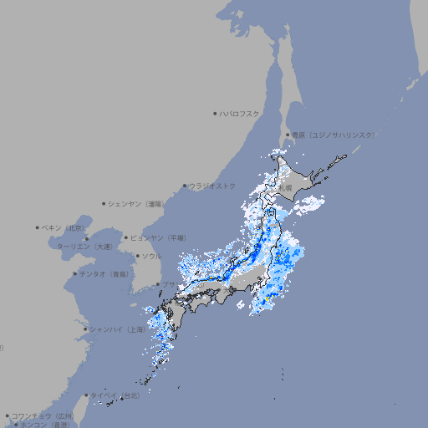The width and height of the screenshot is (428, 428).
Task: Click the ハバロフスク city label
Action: click(239, 113)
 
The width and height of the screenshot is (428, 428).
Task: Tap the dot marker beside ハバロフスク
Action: click(215, 113)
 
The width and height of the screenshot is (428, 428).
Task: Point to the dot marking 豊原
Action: click(288, 135)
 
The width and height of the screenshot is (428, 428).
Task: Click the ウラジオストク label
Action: click(212, 186)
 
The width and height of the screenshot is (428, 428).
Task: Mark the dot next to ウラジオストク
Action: click(185, 186)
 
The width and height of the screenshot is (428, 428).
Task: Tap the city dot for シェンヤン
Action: click(104, 203)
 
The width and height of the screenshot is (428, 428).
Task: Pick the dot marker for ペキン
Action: click(38, 227)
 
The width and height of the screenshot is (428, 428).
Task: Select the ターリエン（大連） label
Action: click(84, 247)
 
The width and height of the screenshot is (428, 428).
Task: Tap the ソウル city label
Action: click(151, 256)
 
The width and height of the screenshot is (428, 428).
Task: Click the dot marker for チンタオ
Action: click(74, 273)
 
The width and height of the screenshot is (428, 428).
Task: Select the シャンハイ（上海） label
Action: click(117, 329)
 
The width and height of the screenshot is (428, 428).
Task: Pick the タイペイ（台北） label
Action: click(117, 395)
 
